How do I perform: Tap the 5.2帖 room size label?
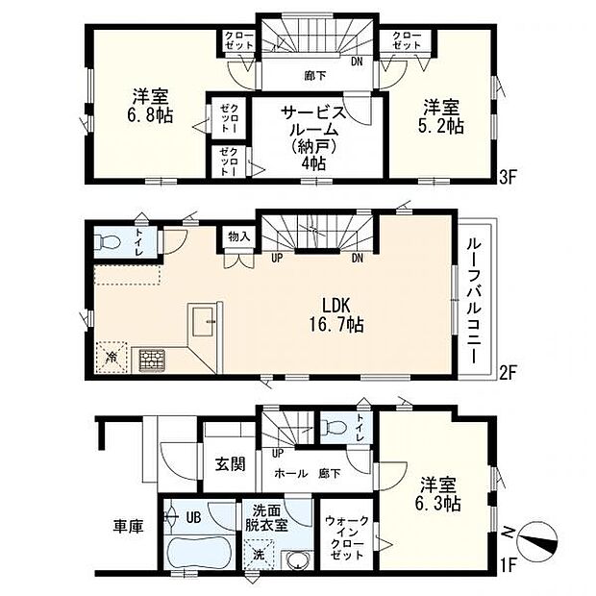pos(441,125)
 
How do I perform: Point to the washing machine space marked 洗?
pos(257,554)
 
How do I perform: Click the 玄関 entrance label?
pos(229,463)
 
